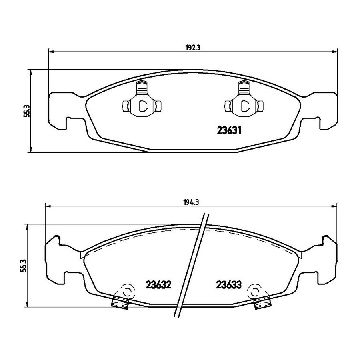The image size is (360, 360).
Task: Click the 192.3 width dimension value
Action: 193,48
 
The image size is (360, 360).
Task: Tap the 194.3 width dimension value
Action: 191,202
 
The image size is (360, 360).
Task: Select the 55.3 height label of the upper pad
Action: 26,111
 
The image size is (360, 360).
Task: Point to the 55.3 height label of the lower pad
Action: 24,266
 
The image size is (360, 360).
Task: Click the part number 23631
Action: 229,131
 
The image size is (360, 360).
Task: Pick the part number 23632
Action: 159,285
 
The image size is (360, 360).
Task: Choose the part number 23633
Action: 229,285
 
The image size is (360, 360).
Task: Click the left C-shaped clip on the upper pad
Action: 142,99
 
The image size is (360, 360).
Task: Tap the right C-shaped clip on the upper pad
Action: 244,99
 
